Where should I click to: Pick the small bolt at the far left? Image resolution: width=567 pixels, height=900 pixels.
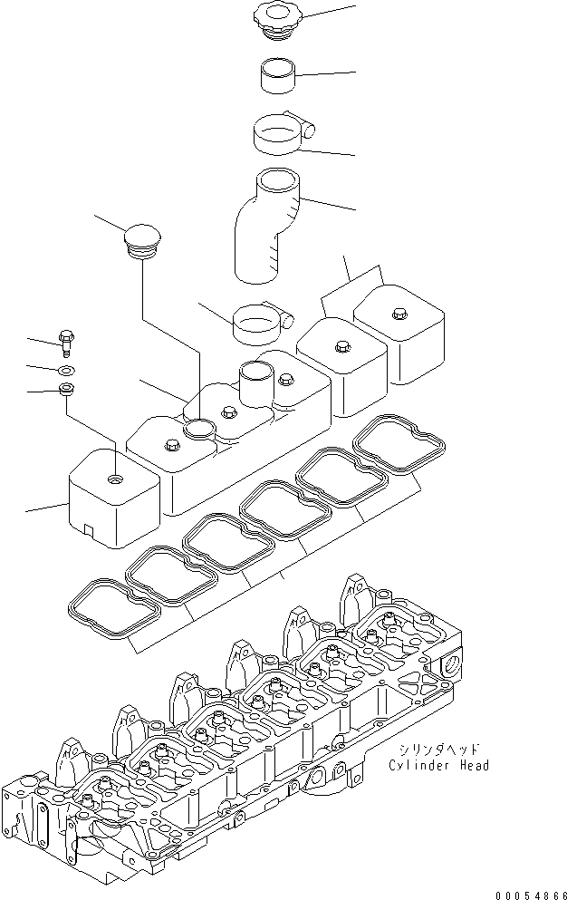[66, 342]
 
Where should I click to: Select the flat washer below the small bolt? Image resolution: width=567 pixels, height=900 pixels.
[66, 370]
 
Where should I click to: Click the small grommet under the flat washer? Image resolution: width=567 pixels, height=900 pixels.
[66, 392]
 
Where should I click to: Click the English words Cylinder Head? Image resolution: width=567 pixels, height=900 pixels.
[439, 766]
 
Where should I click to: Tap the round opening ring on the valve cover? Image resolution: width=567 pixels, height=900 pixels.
[200, 428]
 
